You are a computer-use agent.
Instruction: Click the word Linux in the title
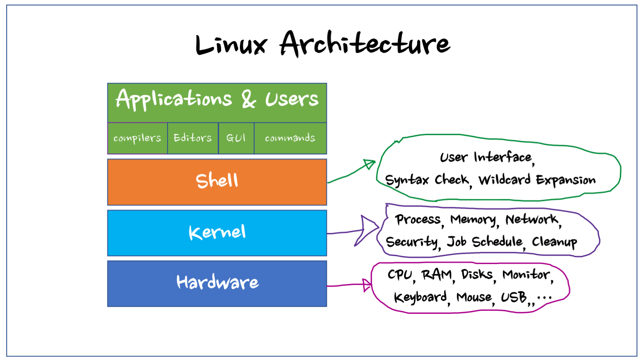[231, 44]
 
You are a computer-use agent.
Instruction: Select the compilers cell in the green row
[137, 138]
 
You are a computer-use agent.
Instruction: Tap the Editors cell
[193, 138]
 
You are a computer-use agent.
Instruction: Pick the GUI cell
[236, 138]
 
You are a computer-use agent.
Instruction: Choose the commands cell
[290, 138]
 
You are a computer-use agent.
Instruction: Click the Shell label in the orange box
[217, 181]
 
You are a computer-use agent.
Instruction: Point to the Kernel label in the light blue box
[217, 232]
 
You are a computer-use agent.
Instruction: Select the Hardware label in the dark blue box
[217, 282]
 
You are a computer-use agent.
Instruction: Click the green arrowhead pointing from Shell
[369, 164]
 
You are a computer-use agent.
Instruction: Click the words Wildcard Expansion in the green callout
[537, 180]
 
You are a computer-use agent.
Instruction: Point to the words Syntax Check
[427, 180]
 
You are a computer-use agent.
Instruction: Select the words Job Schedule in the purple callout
[485, 242]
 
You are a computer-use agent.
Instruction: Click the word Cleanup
[554, 242]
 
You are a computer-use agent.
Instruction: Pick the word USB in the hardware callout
[514, 297]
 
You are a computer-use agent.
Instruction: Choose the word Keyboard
[420, 297]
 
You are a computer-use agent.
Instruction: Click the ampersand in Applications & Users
[249, 99]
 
